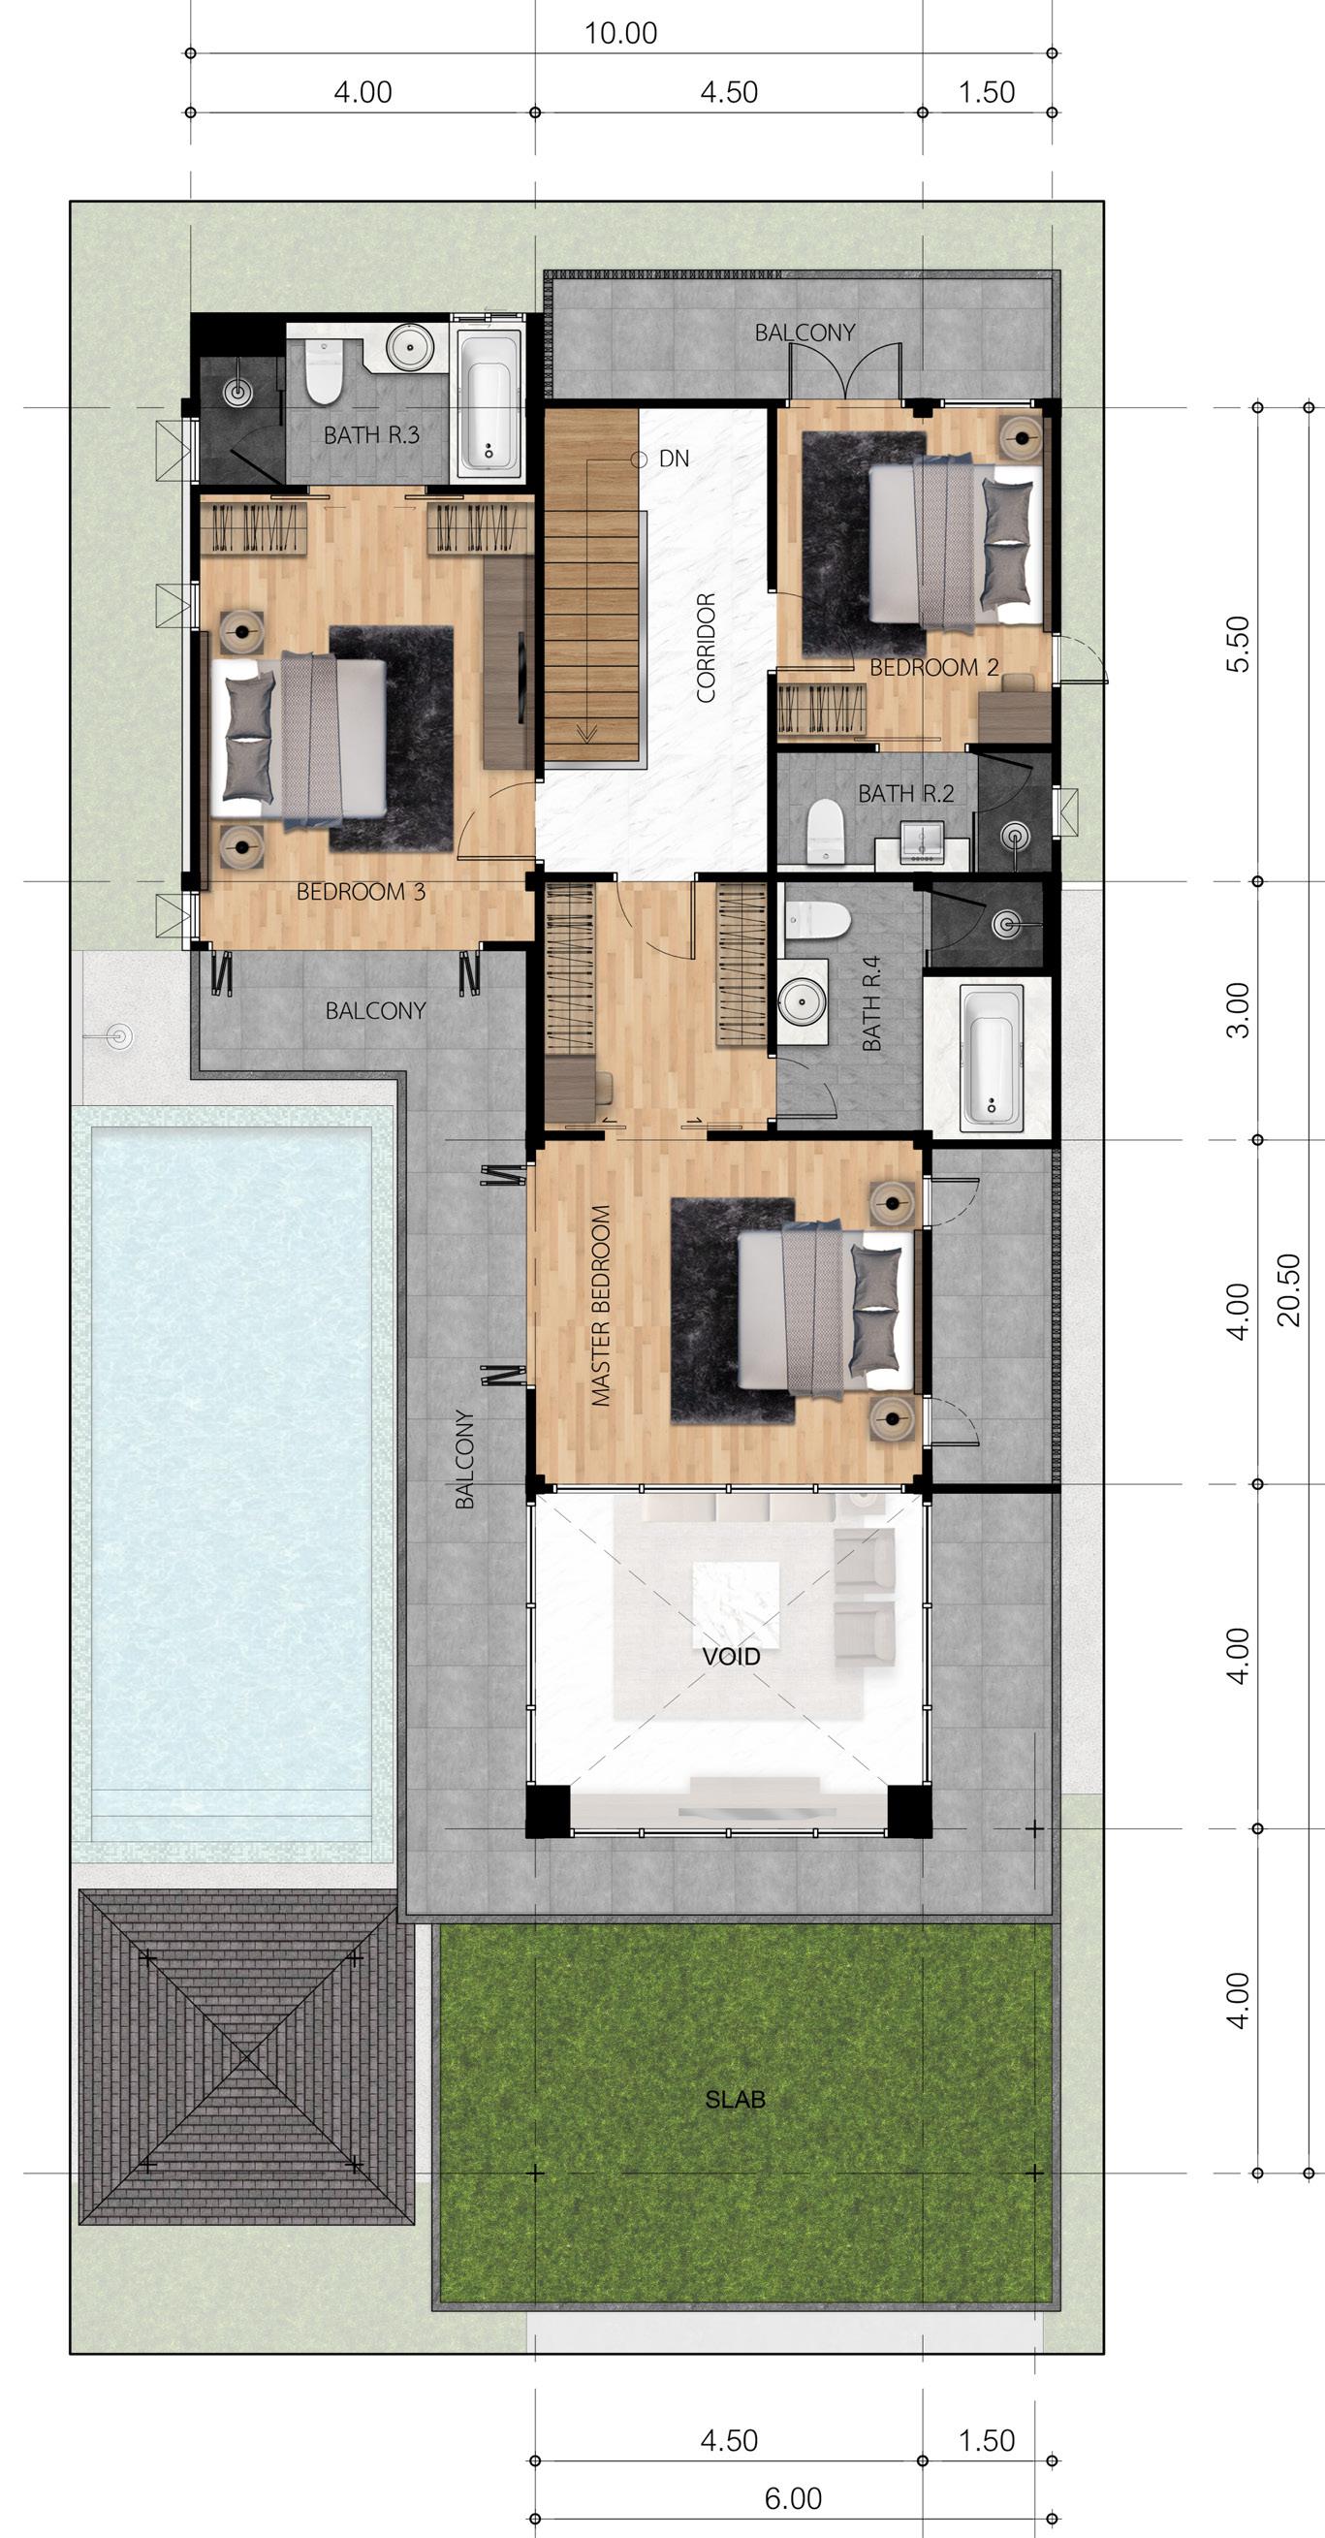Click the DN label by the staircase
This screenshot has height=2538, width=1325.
point(674,459)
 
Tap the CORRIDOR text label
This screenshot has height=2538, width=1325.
point(706,648)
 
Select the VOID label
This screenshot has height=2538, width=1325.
point(731,1656)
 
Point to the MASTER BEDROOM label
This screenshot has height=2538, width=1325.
point(601,1306)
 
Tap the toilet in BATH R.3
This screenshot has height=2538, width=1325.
point(322,368)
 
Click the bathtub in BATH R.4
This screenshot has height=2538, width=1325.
point(991,1055)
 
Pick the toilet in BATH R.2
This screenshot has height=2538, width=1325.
point(825,830)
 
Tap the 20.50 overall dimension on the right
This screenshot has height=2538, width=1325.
point(1288,1289)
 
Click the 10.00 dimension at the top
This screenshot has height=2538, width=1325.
point(620,33)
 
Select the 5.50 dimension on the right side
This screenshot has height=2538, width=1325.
point(1239,644)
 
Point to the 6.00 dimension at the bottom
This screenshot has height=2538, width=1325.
point(793,2497)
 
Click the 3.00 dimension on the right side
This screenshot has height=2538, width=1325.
point(1239,1009)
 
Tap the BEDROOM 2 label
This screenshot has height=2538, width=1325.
point(934,667)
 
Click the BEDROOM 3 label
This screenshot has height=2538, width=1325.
point(361,892)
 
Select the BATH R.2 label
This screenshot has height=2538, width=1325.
point(905,793)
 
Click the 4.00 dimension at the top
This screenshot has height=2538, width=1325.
point(363,92)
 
